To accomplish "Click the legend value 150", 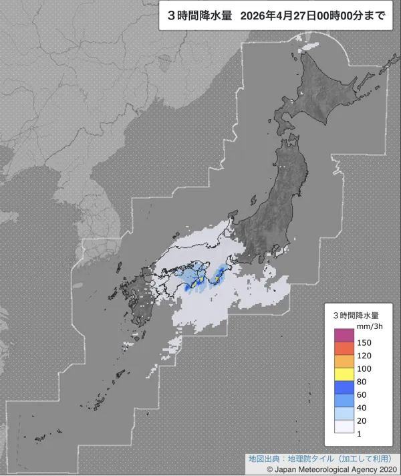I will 365,342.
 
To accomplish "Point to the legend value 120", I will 365,355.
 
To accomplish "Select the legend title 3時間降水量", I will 356,314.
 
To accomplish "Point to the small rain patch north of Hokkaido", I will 309,48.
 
